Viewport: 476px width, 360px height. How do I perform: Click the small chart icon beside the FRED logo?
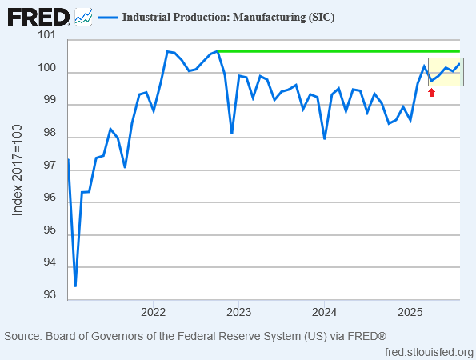(x=83, y=16)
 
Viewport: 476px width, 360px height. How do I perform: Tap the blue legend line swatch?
(x=109, y=17)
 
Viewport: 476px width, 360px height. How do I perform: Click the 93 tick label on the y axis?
(x=50, y=295)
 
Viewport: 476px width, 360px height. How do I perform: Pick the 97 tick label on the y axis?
(x=50, y=166)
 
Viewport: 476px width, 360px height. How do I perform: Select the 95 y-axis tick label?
(x=50, y=230)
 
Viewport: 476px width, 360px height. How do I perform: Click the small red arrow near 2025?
(x=432, y=93)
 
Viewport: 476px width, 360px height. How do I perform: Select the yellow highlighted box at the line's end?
(x=444, y=72)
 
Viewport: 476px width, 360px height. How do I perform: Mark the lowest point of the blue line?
(x=75, y=286)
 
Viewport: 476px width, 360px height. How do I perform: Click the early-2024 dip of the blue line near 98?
(x=325, y=138)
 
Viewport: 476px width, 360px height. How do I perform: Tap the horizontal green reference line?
(x=336, y=51)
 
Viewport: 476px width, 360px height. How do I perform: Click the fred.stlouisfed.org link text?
(x=429, y=352)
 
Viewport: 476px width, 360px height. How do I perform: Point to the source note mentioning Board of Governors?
(x=196, y=336)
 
